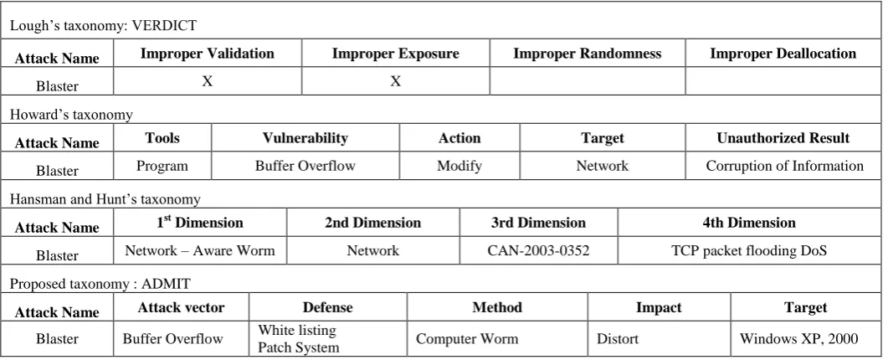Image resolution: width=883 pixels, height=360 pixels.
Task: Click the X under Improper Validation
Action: point(208,82)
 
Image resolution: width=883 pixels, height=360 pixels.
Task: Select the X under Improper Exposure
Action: point(395,82)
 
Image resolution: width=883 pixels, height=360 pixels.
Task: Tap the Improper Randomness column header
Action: point(588,54)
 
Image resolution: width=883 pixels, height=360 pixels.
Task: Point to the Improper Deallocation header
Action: point(783,54)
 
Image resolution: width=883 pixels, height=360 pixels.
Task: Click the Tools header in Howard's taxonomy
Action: point(162,138)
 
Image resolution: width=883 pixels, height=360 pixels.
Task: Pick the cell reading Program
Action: point(162,167)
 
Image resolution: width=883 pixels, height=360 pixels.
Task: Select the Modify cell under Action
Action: point(459,167)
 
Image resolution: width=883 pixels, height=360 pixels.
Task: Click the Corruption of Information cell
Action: point(784,167)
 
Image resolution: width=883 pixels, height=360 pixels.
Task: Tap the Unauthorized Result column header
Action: point(783,138)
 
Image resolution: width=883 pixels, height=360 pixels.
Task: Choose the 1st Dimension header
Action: point(200,223)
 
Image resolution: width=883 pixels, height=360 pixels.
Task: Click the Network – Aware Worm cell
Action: point(200,250)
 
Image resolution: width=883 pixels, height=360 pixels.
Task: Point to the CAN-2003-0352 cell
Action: point(538,250)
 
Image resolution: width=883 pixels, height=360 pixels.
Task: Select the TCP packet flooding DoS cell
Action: point(749,250)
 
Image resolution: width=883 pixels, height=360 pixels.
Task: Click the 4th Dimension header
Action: point(749,223)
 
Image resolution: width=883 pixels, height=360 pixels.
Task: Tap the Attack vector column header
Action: point(181,307)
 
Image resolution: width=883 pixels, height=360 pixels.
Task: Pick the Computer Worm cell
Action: point(467,338)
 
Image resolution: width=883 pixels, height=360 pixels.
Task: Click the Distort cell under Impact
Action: point(618,338)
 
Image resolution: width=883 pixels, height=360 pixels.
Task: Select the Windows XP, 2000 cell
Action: point(798,338)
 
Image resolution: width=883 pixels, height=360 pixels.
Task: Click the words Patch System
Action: point(299,347)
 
